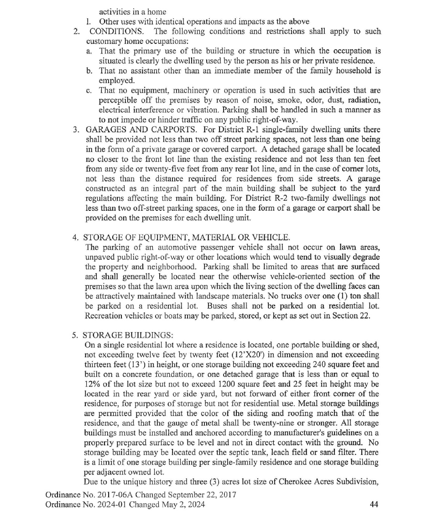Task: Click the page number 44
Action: point(373,504)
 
